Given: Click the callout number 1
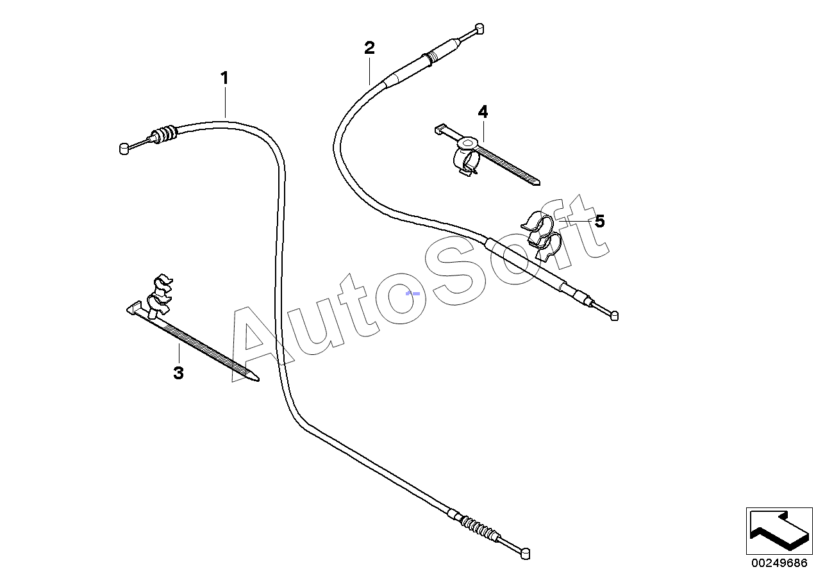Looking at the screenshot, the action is tap(224, 78).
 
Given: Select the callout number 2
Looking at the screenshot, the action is tap(369, 47).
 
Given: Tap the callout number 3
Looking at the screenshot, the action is tap(178, 373).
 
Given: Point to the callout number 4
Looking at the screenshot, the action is tap(483, 112).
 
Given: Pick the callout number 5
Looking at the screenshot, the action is tap(599, 222).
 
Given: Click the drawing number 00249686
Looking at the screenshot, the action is tap(779, 564).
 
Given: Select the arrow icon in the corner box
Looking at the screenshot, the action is tap(779, 531).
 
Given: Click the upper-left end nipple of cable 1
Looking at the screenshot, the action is tap(124, 149).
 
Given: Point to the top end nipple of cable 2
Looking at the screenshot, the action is tap(479, 29).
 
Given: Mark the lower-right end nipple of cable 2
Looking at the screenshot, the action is tap(614, 315).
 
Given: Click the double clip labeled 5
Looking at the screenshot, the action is tap(542, 236).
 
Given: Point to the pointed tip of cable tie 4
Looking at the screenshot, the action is tap(536, 182).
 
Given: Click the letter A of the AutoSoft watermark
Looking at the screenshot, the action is tap(256, 343).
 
